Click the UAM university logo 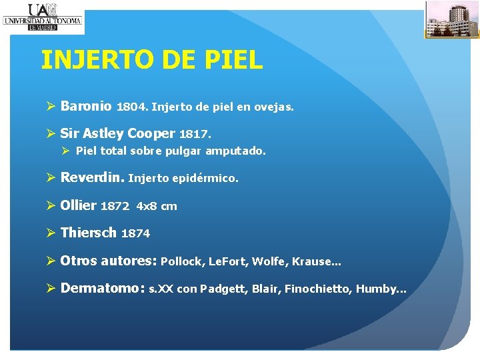click(42, 16)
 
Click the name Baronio click(86, 106)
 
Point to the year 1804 click(132, 107)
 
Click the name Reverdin click(92, 178)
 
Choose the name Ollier click(79, 206)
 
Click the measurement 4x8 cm click(157, 207)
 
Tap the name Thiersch click(89, 233)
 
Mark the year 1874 click(135, 234)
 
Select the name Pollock click(182, 262)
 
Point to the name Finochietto click(318, 289)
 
